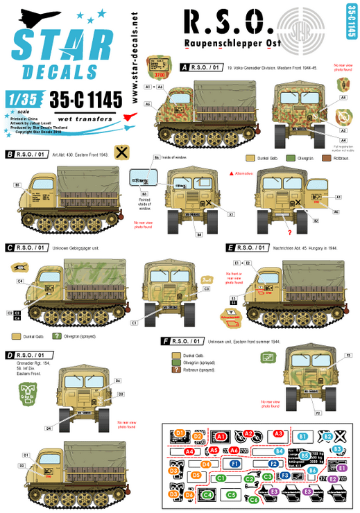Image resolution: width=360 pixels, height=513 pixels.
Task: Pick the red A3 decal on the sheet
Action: pyautogui.click(x=278, y=433)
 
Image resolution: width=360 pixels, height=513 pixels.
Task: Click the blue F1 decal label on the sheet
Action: pyautogui.click(x=235, y=463)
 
